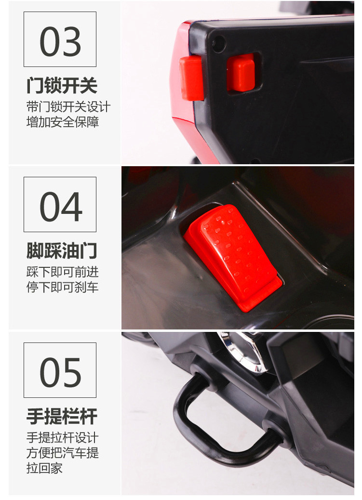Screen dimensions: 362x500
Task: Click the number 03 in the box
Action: click(x=60, y=41)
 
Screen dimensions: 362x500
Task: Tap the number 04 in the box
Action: click(x=61, y=207)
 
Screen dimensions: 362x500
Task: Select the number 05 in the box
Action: click(x=60, y=372)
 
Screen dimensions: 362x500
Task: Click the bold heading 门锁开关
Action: click(x=62, y=85)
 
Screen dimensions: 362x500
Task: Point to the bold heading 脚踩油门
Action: click(x=62, y=250)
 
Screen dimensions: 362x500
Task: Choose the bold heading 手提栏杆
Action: click(x=62, y=416)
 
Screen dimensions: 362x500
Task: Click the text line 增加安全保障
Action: click(x=63, y=122)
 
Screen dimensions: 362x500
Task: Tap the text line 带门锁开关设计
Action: click(x=68, y=107)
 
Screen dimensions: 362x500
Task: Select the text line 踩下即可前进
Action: click(x=63, y=272)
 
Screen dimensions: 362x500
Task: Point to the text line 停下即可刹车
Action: click(x=63, y=287)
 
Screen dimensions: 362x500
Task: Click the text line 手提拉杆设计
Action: click(x=63, y=437)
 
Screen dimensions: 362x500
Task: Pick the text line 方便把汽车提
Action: click(x=63, y=453)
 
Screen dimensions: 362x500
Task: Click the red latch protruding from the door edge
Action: click(x=191, y=78)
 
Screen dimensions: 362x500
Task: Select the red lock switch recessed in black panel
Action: click(x=241, y=73)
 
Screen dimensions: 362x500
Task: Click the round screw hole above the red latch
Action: click(x=219, y=44)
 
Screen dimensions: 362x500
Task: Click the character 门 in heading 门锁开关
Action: click(x=35, y=85)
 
